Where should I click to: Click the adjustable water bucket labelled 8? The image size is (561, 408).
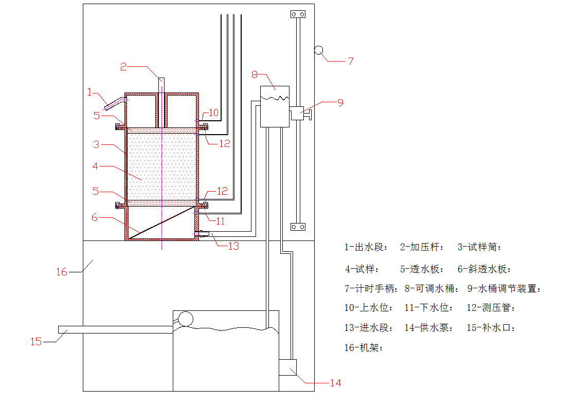[275, 106]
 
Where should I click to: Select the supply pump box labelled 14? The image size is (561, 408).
[288, 368]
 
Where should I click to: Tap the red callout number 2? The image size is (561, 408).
[123, 66]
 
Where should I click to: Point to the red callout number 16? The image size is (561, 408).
[62, 272]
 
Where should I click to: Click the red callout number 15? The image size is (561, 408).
[36, 341]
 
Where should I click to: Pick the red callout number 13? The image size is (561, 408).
[233, 246]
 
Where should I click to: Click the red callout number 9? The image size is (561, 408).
[340, 102]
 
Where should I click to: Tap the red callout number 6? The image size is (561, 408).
[94, 217]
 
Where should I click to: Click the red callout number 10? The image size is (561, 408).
[213, 112]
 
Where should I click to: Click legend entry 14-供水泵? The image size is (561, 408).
[429, 328]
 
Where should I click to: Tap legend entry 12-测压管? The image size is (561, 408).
[491, 308]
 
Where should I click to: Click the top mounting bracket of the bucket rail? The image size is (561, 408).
[298, 14]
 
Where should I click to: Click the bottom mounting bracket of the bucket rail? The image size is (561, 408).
[298, 227]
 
